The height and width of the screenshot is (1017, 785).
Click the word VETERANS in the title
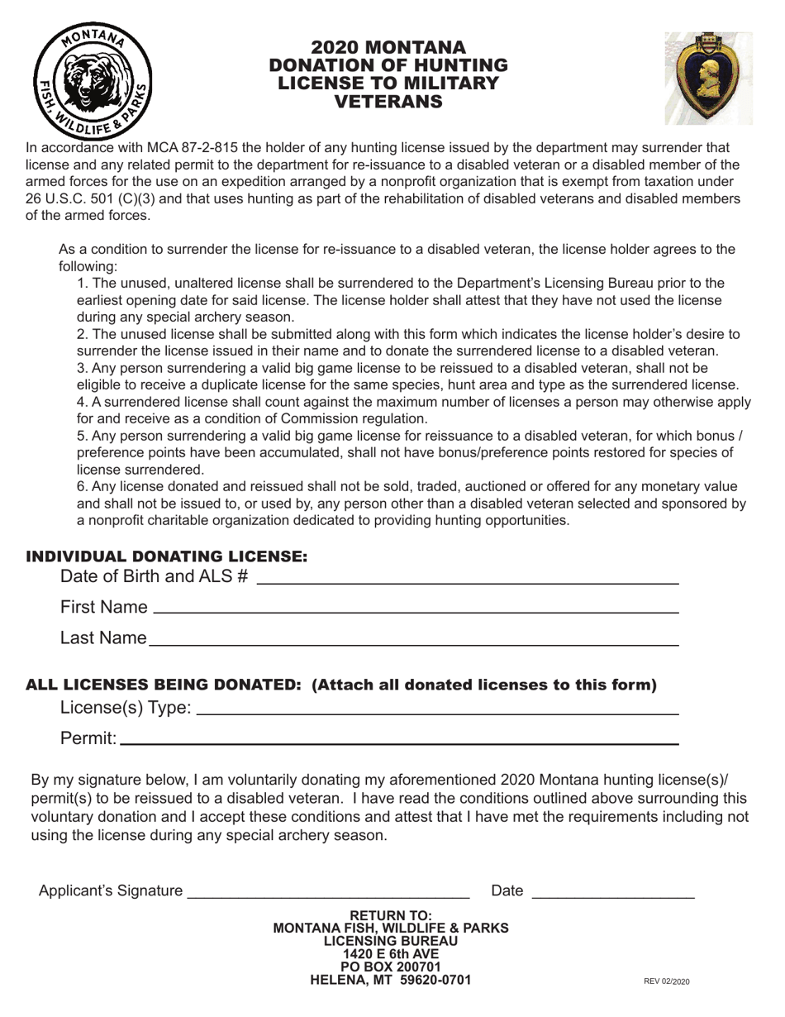pos(388,102)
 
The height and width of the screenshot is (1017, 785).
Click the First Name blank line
pos(416,612)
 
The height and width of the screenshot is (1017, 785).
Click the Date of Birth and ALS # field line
pos(468,583)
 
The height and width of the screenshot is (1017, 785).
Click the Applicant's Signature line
pos(329,896)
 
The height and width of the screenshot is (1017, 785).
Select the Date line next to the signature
pos(613,896)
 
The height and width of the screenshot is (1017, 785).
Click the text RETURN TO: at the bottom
pos(391,915)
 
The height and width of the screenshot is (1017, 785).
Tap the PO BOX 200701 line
pos(391,967)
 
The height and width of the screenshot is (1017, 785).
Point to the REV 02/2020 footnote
pos(666,981)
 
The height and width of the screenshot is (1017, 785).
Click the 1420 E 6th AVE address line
pos(391,954)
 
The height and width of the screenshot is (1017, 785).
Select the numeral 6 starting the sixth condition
pos(81,487)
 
